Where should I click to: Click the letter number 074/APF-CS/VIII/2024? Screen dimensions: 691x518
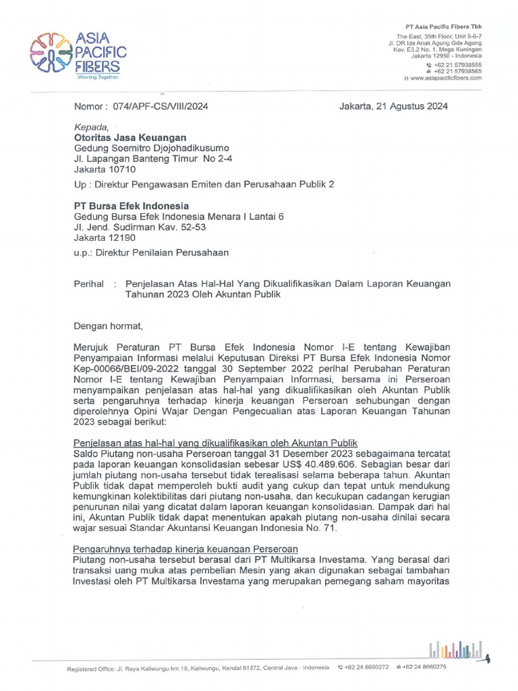coord(159,106)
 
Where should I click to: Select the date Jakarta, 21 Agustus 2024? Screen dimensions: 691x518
coord(393,106)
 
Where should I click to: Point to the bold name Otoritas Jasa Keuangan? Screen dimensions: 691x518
coord(129,137)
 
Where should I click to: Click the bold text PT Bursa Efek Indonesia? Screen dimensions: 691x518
coord(131,206)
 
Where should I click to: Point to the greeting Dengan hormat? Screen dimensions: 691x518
coord(108,327)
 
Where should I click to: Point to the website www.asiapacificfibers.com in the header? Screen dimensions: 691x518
coord(445,78)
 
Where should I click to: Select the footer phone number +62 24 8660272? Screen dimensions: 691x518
coord(366,667)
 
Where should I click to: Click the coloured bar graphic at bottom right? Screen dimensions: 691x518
coord(457,648)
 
